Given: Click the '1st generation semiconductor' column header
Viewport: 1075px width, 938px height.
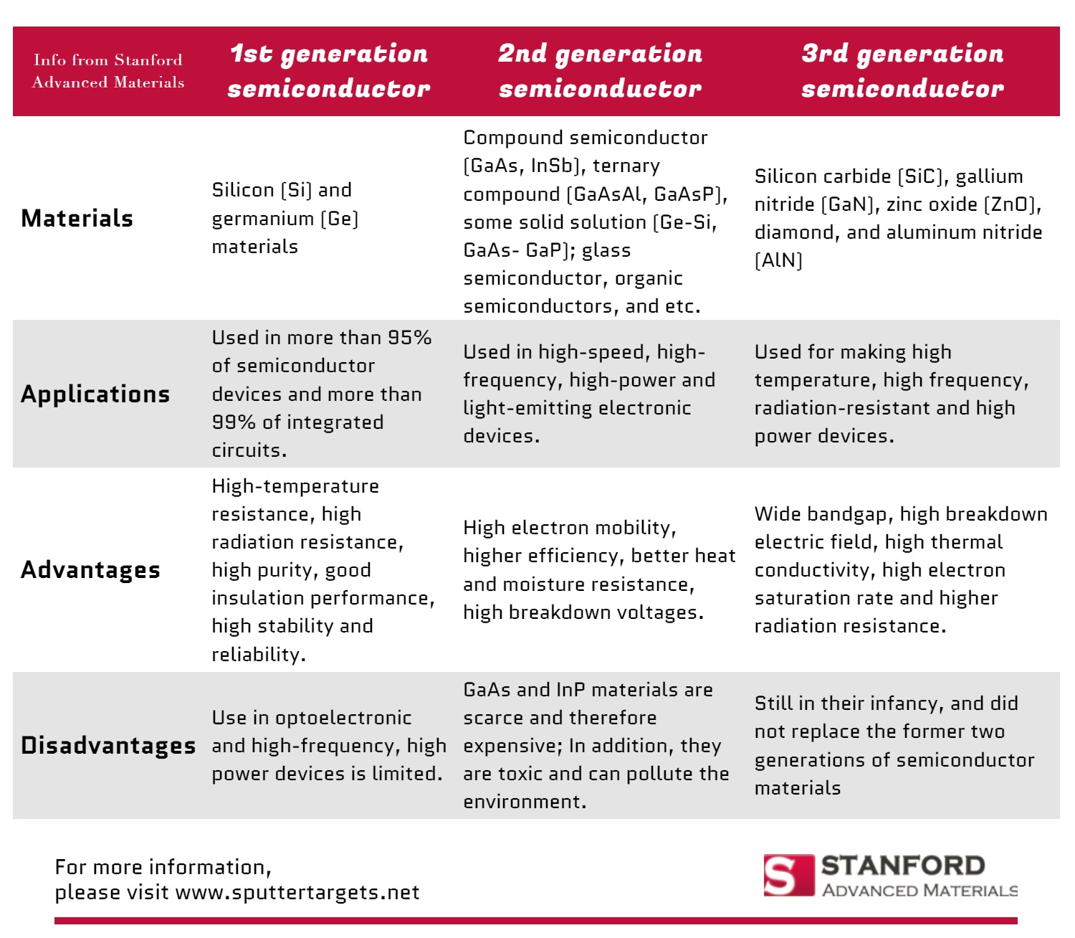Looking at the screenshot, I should [x=329, y=71].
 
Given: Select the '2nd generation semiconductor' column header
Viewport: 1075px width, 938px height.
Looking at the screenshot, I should [x=600, y=71].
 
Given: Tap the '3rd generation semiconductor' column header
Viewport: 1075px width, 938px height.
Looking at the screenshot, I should [x=902, y=71].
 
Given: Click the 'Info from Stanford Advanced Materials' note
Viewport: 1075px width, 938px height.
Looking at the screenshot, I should [x=108, y=71].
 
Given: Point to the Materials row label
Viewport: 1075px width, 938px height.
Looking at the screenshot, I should [x=77, y=218].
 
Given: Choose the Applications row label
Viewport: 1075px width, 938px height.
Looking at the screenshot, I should [x=95, y=394].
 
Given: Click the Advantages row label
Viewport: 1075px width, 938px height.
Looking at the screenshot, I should [x=91, y=569].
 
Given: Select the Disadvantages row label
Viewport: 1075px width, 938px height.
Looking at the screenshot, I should [x=108, y=745].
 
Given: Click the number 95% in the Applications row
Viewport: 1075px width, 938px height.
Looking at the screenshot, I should [x=409, y=338].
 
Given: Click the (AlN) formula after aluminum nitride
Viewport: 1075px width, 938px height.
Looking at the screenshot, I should [x=779, y=260].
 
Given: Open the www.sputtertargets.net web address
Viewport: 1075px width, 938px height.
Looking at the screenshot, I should [x=297, y=892].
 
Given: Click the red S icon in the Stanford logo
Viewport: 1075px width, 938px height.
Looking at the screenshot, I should [x=788, y=876].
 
